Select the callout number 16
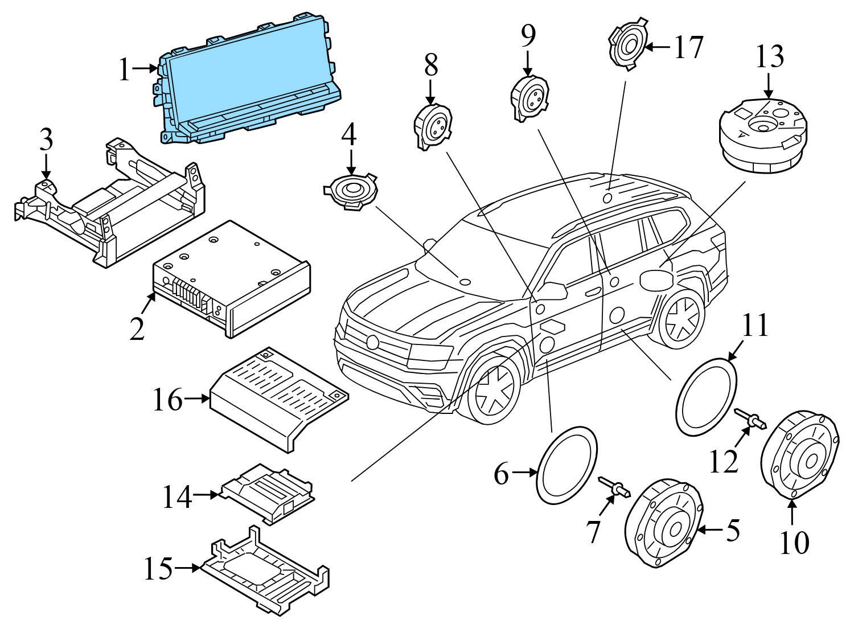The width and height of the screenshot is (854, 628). [168, 400]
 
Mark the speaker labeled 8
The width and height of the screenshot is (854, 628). [433, 127]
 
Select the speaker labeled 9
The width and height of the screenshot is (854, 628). [529, 98]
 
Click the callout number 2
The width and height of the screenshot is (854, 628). [137, 329]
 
